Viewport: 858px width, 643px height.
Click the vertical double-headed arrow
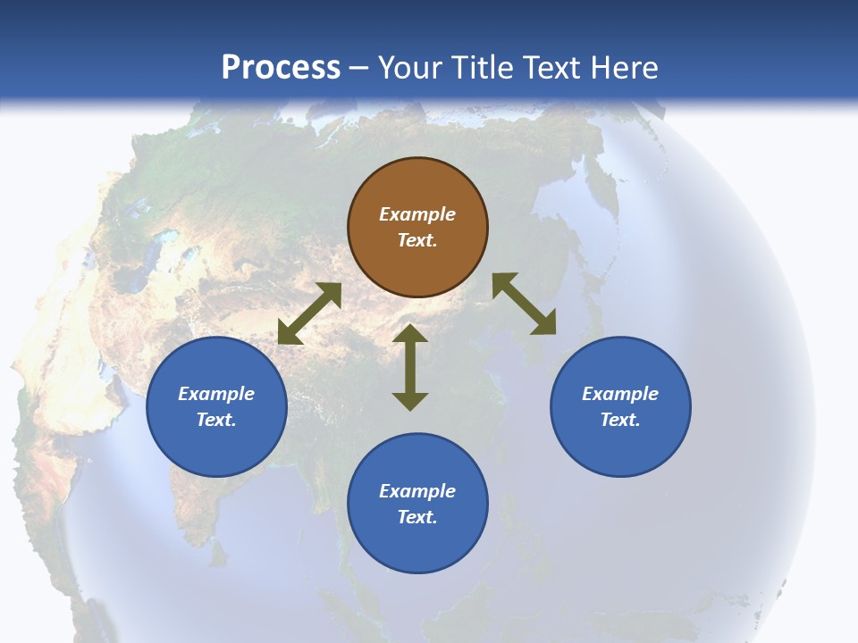(x=410, y=367)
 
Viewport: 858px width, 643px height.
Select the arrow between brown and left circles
(x=309, y=313)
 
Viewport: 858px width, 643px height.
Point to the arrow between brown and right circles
(x=525, y=304)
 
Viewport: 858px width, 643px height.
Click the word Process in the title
(x=281, y=68)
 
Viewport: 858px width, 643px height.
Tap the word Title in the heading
(x=483, y=68)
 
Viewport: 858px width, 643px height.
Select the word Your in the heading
(x=411, y=68)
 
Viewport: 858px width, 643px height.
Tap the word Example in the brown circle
(x=417, y=214)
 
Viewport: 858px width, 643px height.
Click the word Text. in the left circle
(x=216, y=420)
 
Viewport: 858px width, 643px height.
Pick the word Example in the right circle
(x=620, y=394)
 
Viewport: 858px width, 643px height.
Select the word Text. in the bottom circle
(x=417, y=517)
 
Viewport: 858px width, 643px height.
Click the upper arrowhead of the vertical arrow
(x=410, y=334)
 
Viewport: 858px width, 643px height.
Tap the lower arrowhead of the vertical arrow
(x=410, y=401)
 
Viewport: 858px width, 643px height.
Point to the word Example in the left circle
(x=216, y=394)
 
